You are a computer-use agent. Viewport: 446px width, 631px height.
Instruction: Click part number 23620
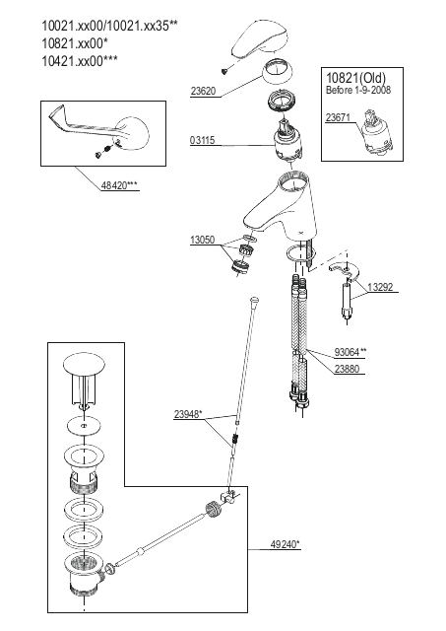(203, 91)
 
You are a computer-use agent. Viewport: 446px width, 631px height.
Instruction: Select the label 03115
(203, 140)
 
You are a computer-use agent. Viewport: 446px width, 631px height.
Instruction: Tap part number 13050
(203, 240)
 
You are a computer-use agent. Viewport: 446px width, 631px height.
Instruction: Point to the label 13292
(380, 287)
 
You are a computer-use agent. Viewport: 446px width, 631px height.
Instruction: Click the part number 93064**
(350, 352)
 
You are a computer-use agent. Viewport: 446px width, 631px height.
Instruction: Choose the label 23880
(348, 369)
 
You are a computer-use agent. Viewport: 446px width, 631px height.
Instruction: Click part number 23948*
(188, 414)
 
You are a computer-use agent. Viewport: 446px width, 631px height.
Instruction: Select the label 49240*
(285, 544)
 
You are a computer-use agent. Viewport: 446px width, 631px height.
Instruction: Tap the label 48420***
(119, 185)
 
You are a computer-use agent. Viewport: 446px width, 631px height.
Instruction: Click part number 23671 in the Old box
(338, 117)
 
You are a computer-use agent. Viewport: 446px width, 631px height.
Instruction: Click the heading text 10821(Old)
(355, 78)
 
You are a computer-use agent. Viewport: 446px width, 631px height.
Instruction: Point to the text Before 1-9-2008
(358, 90)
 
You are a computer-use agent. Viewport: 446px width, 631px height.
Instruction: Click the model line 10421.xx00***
(80, 61)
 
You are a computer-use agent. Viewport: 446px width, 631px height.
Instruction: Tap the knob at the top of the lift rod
(254, 300)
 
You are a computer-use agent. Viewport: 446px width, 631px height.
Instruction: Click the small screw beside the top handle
(224, 72)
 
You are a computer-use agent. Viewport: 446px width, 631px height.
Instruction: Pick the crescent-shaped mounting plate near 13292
(345, 271)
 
